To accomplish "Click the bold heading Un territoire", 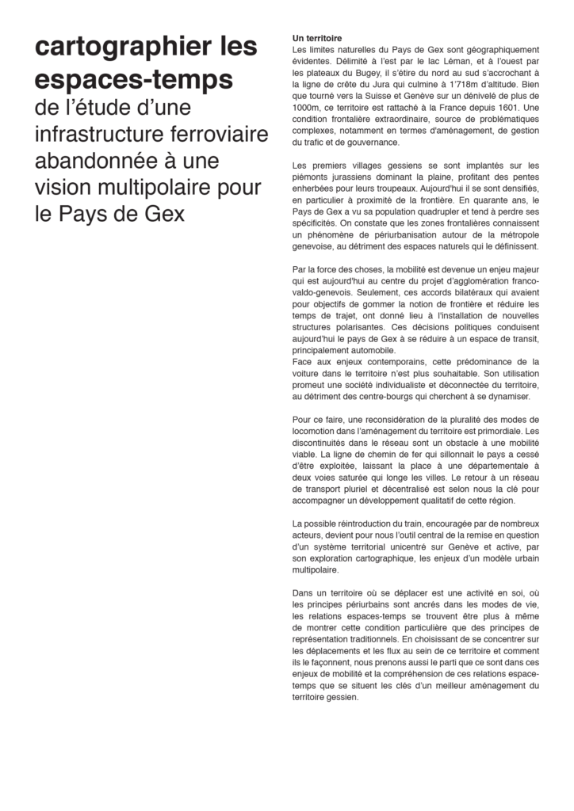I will click(x=317, y=37).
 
